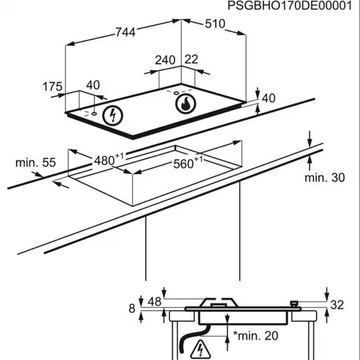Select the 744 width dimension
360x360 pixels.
125,32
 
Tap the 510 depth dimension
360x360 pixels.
215,24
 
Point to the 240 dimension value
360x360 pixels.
165,60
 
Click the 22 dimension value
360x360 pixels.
192,59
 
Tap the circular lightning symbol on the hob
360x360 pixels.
112,115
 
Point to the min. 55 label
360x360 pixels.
35,163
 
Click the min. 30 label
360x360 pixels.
325,178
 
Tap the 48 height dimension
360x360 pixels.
155,302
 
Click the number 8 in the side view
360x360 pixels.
132,308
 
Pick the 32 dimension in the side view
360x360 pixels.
337,305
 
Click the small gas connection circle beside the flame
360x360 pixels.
177,93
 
